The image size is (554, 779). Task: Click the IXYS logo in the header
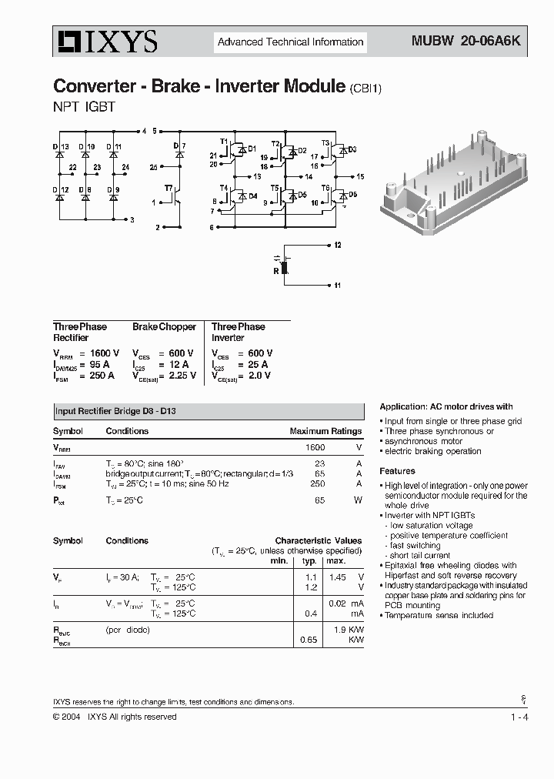click(105, 42)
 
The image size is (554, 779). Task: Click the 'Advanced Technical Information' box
click(290, 42)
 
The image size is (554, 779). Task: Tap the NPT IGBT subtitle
click(84, 107)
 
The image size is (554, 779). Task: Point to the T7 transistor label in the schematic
click(169, 188)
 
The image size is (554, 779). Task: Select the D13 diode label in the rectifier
click(61, 146)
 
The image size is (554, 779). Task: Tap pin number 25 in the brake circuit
click(154, 166)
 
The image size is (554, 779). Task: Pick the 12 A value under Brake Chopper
click(179, 364)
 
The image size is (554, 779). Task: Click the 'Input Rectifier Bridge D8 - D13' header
click(120, 412)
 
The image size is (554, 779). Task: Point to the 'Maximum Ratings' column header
click(325, 431)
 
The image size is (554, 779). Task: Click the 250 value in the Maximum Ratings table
click(317, 483)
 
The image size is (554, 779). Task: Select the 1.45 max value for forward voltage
click(335, 577)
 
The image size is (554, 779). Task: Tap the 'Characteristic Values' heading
click(318, 541)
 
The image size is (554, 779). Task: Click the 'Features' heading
click(397, 471)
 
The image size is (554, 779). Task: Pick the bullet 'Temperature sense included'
click(439, 616)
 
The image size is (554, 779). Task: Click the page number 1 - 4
click(519, 717)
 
